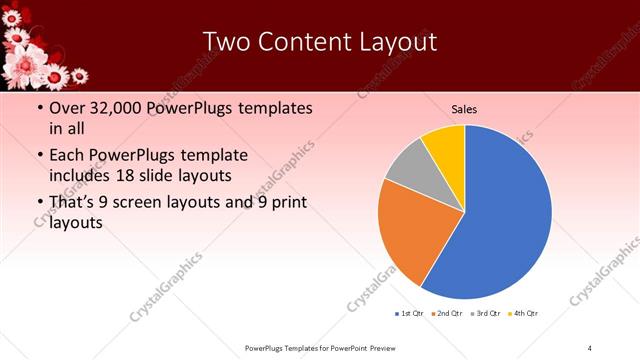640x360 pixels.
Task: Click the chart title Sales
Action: tap(463, 108)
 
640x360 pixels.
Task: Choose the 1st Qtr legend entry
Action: tap(409, 314)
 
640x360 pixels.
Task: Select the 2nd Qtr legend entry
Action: tap(445, 314)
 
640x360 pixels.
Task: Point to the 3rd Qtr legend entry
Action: tap(484, 314)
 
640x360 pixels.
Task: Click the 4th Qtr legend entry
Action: tap(523, 314)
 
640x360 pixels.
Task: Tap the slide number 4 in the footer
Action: tap(590, 347)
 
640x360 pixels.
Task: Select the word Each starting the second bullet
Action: tap(66, 155)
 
